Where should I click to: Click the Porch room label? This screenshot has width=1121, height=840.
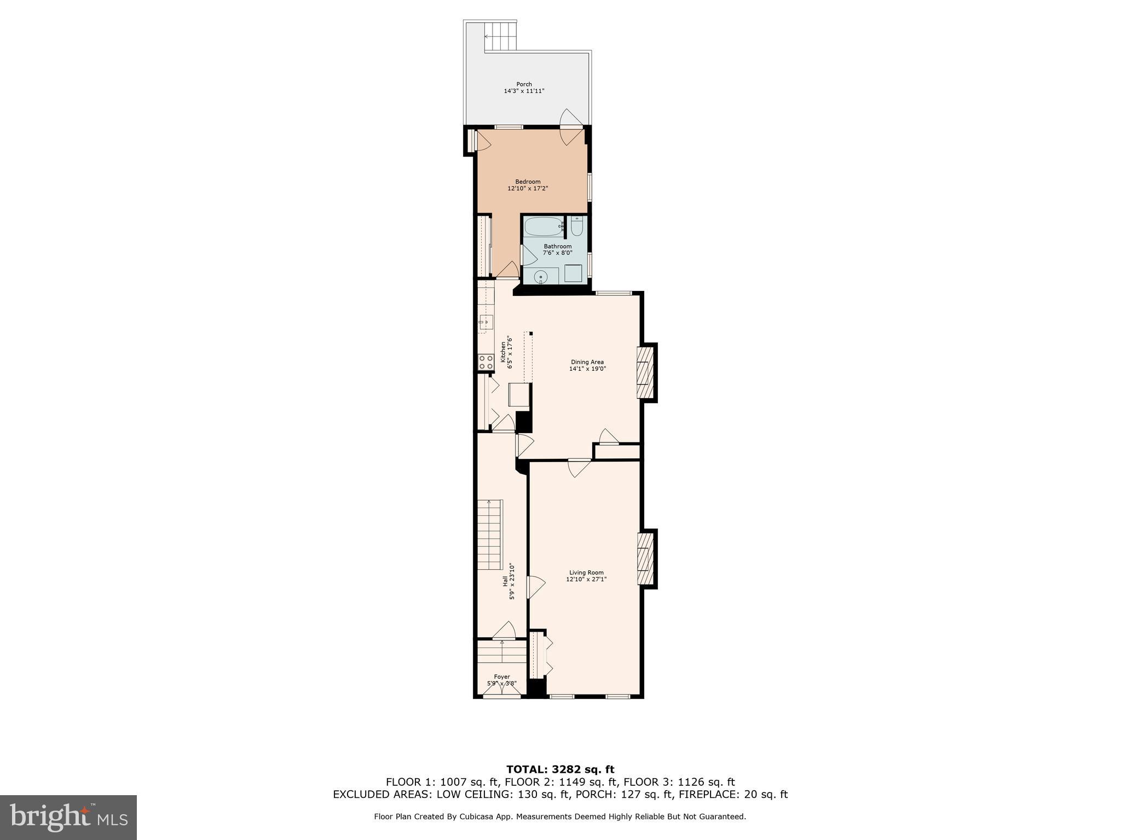pyautogui.click(x=524, y=84)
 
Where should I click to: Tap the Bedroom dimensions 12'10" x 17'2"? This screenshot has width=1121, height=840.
pyautogui.click(x=528, y=189)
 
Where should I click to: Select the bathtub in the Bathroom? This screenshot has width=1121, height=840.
pyautogui.click(x=544, y=226)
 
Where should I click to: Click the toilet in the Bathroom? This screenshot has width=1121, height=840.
pyautogui.click(x=577, y=226)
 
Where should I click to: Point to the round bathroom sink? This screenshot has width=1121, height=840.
pyautogui.click(x=541, y=277)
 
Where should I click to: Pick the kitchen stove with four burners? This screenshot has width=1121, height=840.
pyautogui.click(x=486, y=362)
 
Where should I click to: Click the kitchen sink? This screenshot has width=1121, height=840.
pyautogui.click(x=486, y=322)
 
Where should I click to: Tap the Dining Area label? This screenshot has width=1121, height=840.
pyautogui.click(x=587, y=362)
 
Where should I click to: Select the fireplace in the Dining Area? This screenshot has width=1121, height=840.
pyautogui.click(x=645, y=373)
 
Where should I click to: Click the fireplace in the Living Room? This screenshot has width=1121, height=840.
pyautogui.click(x=645, y=559)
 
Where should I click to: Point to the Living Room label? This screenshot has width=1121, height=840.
pyautogui.click(x=586, y=573)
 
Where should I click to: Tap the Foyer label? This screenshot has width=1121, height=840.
pyautogui.click(x=502, y=676)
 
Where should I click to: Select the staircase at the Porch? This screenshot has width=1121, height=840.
pyautogui.click(x=500, y=36)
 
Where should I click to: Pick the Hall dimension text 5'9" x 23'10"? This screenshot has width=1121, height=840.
pyautogui.click(x=512, y=582)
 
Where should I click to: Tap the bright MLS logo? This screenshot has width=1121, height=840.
pyautogui.click(x=68, y=817)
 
